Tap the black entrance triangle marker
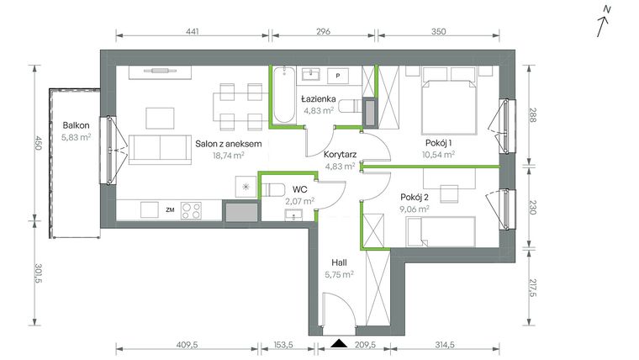tap(339, 343)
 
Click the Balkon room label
tap(77, 125)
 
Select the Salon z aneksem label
tap(229, 144)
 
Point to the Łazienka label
tap(319, 98)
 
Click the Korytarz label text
tap(339, 155)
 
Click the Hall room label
tap(339, 261)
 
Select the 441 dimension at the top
tap(192, 31)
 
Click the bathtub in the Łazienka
tap(282, 97)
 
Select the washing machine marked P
tap(338, 76)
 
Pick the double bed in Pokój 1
tap(448, 101)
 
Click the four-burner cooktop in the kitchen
tap(193, 210)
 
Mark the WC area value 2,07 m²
tap(299, 202)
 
